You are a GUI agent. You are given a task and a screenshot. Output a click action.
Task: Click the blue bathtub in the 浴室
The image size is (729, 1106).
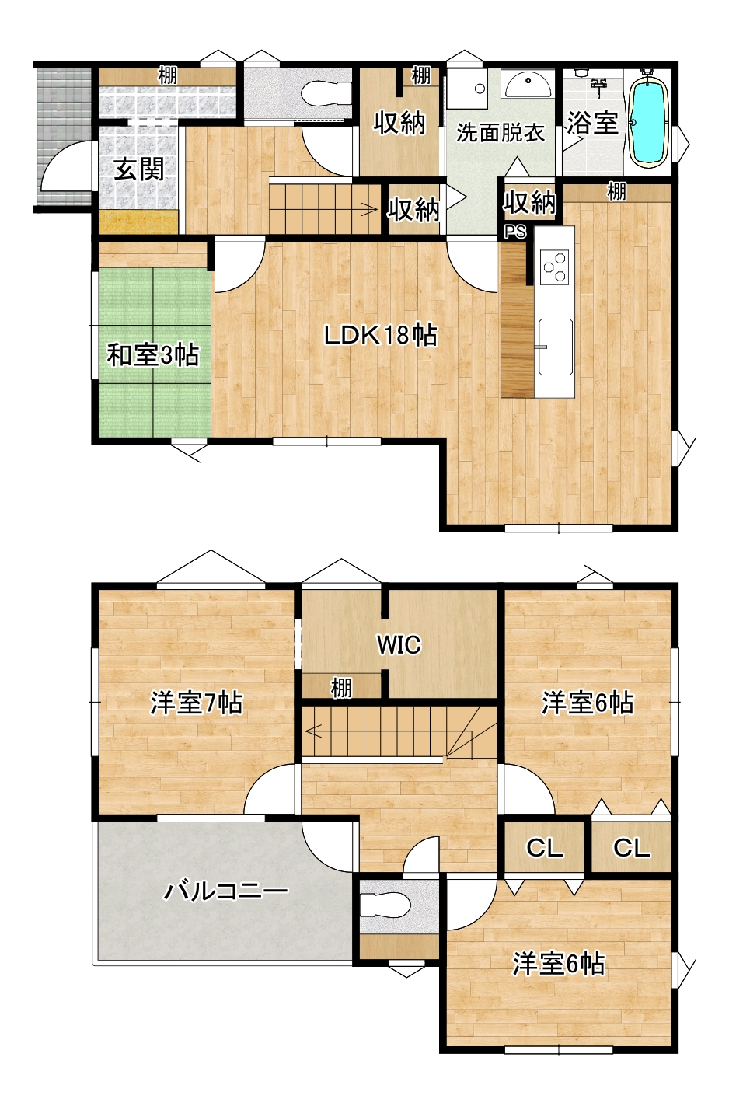(649, 121)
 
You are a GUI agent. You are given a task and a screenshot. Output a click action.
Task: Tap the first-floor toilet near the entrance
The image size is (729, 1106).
(326, 92)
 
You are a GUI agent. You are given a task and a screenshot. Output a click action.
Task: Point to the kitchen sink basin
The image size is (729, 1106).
(555, 347)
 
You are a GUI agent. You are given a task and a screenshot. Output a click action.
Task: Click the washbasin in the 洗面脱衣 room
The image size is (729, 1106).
(528, 85)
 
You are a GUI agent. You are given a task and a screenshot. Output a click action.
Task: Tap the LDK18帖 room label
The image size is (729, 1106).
(381, 336)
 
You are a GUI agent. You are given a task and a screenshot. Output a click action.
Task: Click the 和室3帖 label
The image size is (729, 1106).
(153, 354)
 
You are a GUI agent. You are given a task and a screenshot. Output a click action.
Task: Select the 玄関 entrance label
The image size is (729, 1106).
(138, 170)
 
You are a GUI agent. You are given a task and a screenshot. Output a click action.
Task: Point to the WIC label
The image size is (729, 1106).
(399, 644)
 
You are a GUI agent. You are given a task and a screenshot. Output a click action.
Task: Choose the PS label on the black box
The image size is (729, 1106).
(514, 232)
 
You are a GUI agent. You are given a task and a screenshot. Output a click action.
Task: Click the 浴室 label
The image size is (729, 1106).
(592, 123)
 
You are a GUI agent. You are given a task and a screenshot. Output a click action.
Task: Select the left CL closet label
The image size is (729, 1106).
(544, 848)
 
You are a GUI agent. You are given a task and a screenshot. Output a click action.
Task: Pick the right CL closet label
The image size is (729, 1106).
(631, 848)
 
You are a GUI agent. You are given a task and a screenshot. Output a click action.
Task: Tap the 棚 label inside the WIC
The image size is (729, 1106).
(341, 688)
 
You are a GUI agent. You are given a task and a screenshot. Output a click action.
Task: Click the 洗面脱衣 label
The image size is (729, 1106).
(500, 133)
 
